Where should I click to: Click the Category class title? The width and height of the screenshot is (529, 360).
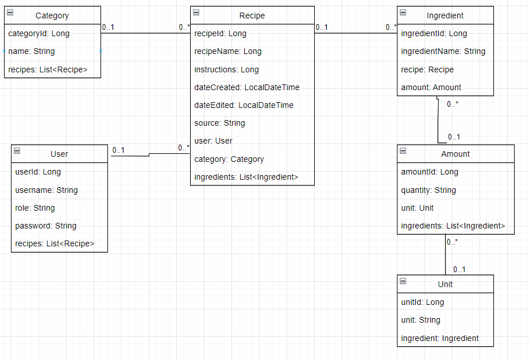(x=52, y=16)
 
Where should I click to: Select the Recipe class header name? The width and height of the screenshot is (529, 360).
(x=252, y=16)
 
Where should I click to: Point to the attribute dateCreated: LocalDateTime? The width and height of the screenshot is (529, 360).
(x=247, y=87)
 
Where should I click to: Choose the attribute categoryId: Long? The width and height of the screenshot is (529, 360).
(x=39, y=33)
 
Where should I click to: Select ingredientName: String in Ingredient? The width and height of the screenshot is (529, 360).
(x=443, y=51)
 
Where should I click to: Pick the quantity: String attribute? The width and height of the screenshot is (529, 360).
(x=428, y=190)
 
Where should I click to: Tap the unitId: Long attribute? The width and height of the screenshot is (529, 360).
(x=422, y=302)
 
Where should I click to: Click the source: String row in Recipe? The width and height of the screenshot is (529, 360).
(x=219, y=123)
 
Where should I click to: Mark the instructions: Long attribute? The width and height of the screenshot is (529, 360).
(x=226, y=69)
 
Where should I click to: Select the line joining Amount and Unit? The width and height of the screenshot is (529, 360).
(x=445, y=255)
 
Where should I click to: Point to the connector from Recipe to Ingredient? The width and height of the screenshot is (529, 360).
(x=356, y=33)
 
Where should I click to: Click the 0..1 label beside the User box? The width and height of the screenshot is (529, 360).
(x=118, y=150)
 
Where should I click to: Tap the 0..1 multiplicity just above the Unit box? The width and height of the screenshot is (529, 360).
(x=459, y=269)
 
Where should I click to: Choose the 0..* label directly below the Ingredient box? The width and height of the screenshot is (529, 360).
(x=453, y=104)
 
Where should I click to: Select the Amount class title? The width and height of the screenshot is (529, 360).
(x=455, y=154)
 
